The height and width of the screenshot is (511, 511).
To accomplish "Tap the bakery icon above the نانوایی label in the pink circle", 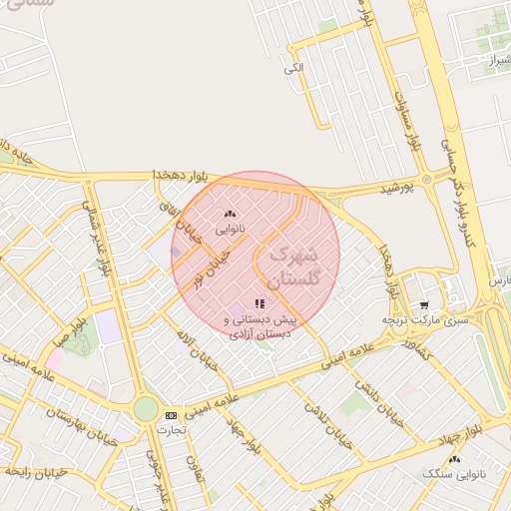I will [x=232, y=214].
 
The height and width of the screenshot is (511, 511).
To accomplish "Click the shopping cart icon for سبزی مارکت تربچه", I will [x=423, y=305].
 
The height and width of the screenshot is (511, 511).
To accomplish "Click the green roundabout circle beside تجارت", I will [x=146, y=409].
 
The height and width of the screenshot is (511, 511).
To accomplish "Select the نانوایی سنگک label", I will [x=454, y=473].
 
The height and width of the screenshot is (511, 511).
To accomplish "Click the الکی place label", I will [x=292, y=68].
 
